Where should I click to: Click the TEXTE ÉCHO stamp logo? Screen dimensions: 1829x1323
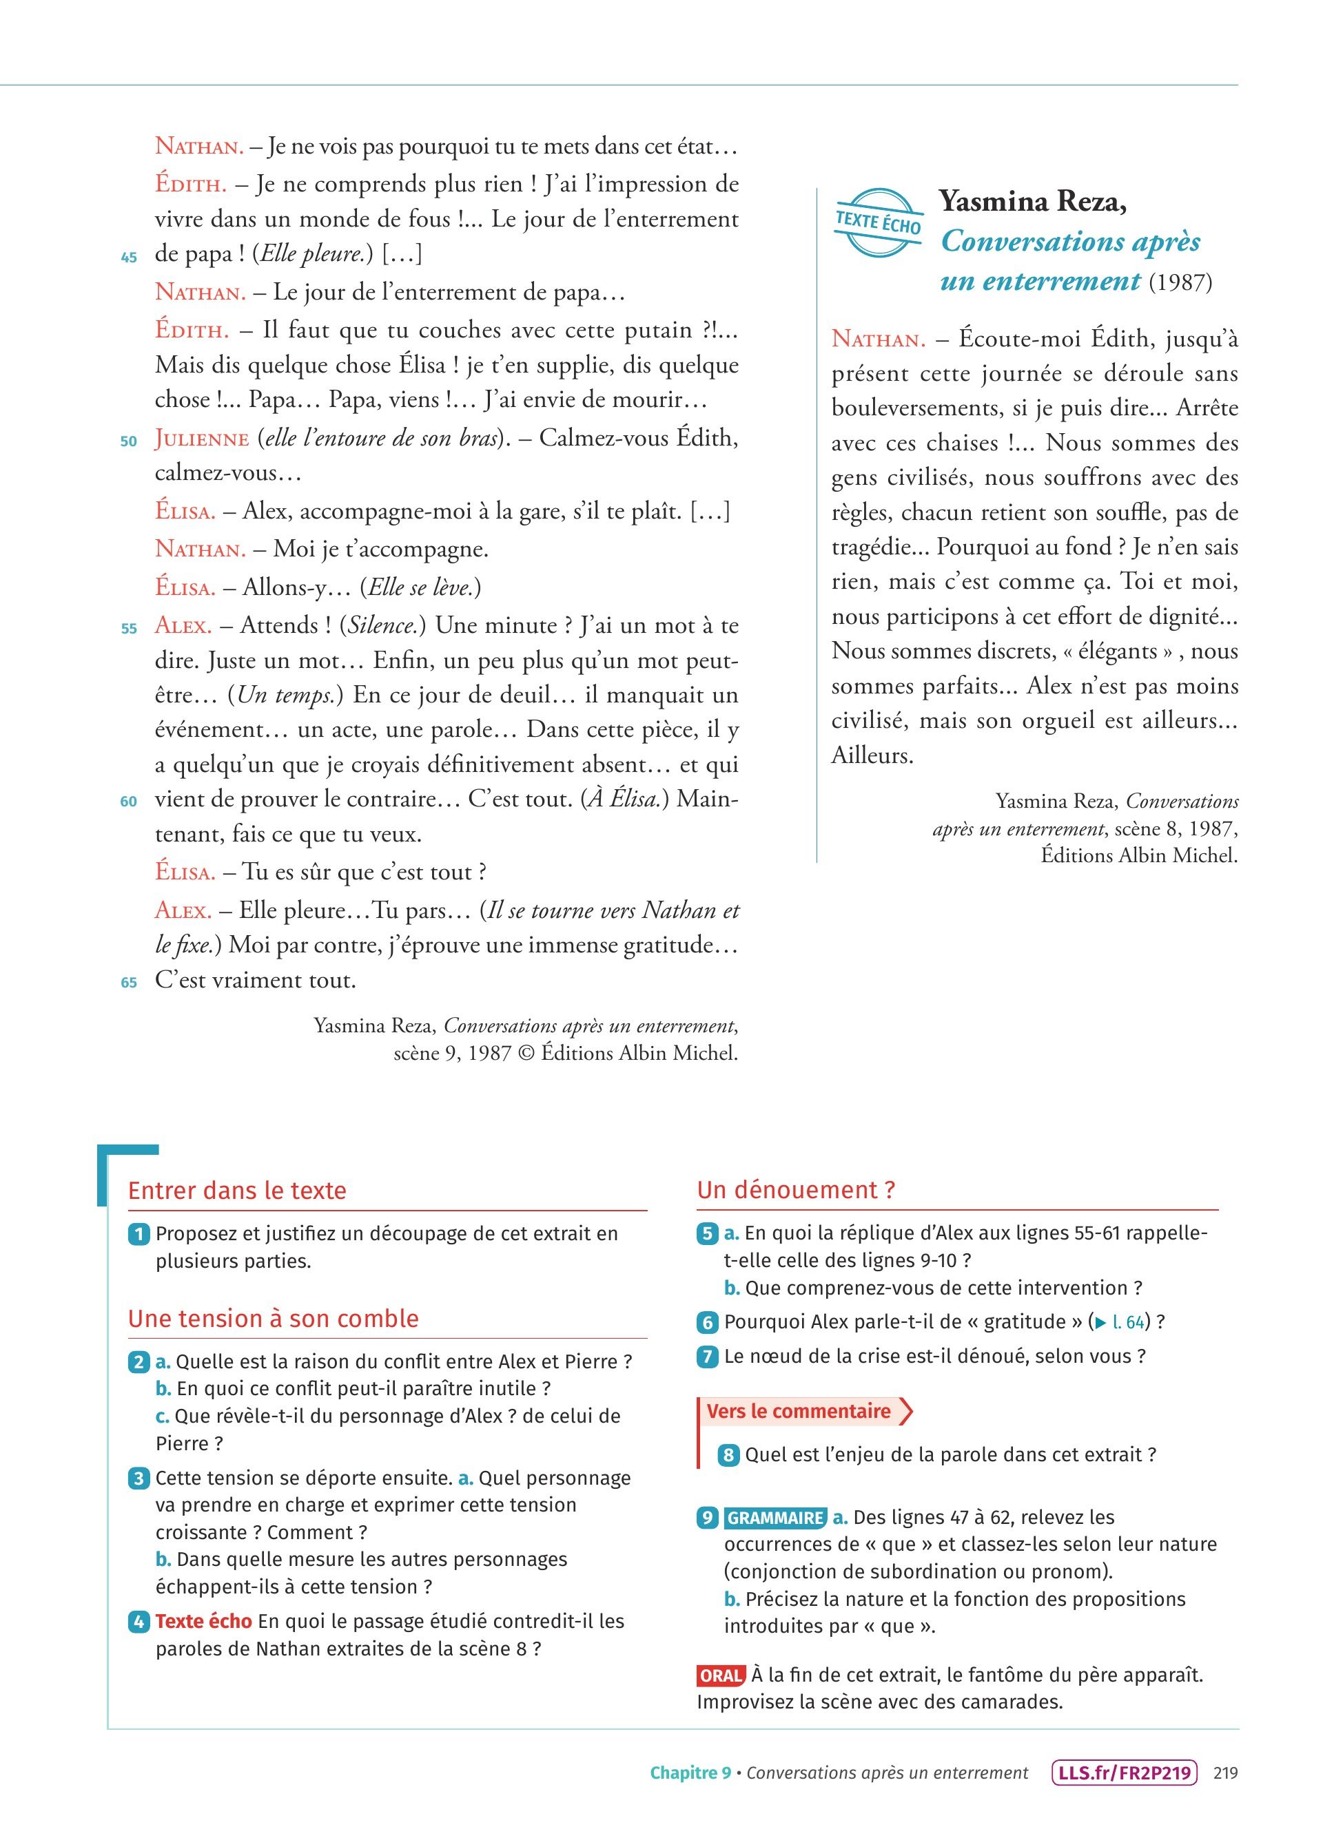pos(878,222)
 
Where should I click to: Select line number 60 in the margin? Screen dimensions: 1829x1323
pos(129,802)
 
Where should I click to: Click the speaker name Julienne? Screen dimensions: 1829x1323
pos(202,439)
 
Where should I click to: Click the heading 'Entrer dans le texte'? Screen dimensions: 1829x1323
pos(237,1191)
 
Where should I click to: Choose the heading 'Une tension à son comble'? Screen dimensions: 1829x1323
pos(274,1319)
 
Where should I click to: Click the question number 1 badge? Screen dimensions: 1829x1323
pos(139,1234)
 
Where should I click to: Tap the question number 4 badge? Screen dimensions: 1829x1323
pos(139,1622)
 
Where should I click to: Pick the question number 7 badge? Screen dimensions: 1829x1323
pos(707,1357)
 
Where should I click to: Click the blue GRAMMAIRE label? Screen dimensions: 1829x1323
pos(775,1518)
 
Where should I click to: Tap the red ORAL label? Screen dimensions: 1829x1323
pos(720,1675)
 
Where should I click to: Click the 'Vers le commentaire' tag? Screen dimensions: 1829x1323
pos(799,1411)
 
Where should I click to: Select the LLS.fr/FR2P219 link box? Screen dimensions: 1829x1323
pos(1125,1773)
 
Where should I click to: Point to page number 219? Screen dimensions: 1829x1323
pos(1225,1773)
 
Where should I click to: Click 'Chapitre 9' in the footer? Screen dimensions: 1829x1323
pos(690,1773)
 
